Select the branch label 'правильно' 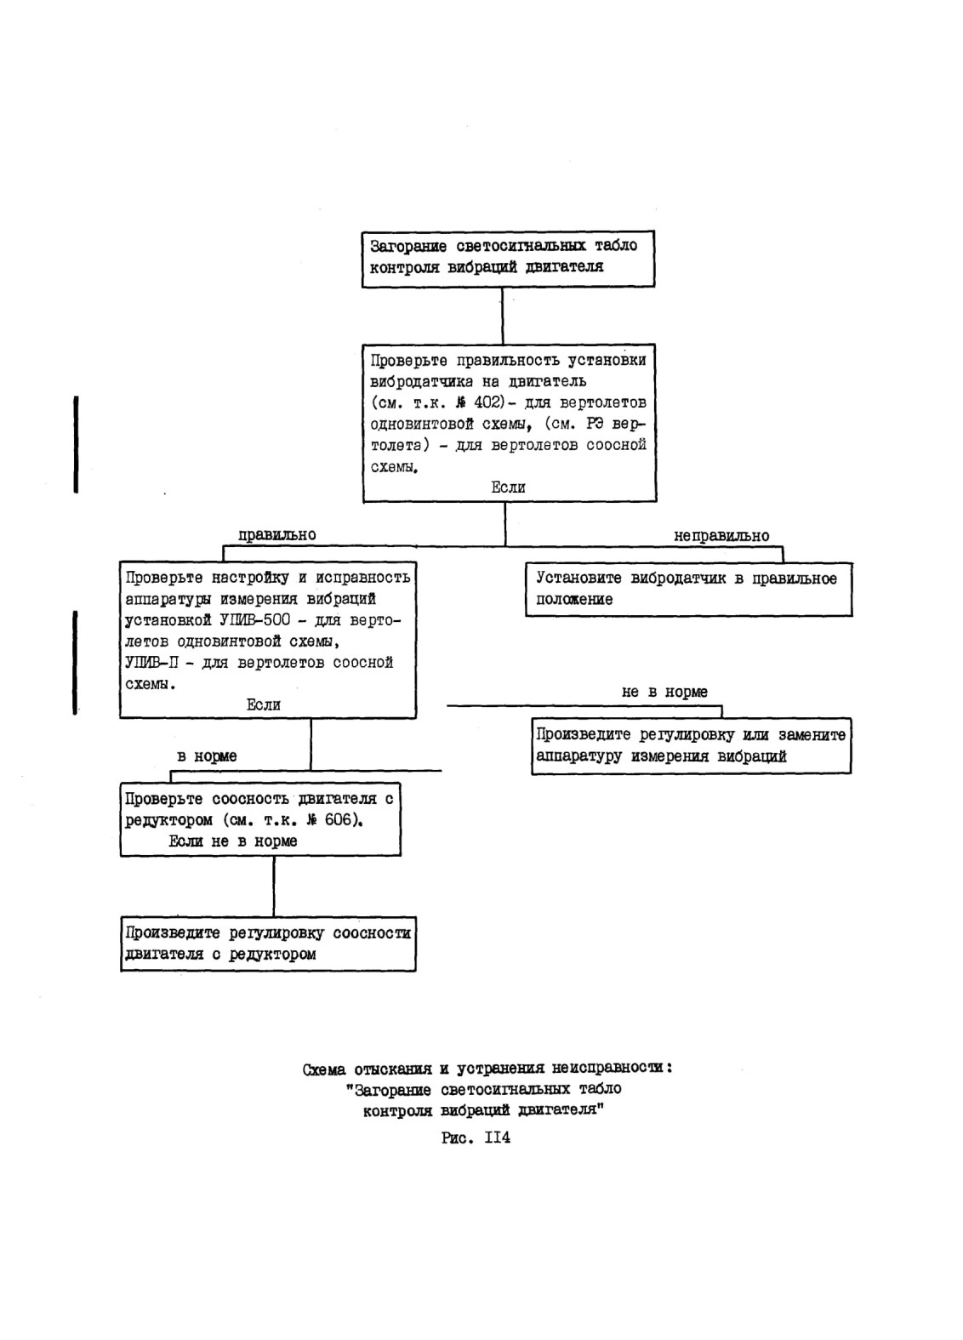277,535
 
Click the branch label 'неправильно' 721,535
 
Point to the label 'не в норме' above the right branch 664,692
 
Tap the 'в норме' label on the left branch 207,756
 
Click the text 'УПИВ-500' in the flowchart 251,619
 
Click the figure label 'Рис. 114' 476,1138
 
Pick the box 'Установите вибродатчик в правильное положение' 689,590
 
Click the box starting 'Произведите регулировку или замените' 692,746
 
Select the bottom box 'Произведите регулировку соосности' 268,944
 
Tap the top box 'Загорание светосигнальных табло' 508,259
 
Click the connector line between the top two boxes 503,316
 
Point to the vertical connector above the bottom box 274,886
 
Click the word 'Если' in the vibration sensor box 509,487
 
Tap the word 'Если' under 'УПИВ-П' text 263,704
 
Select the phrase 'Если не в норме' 233,841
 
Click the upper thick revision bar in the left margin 76,444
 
